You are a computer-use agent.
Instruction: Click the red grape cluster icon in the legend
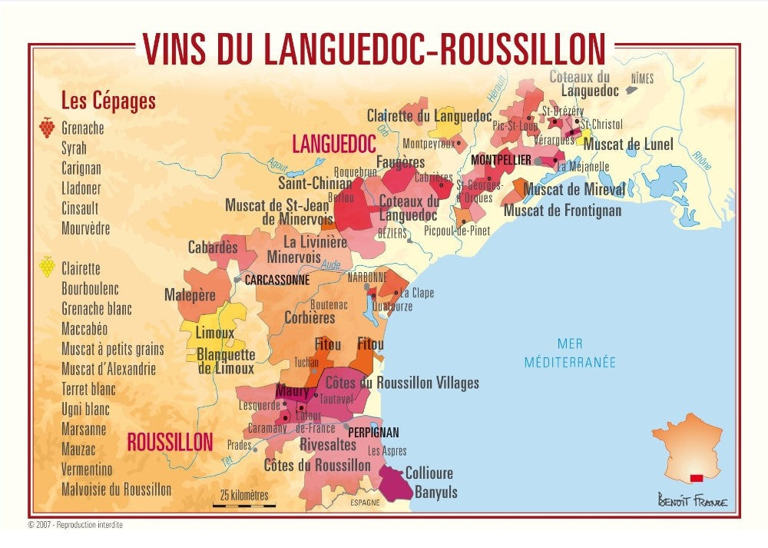point(48,128)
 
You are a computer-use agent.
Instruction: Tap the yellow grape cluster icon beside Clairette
point(48,267)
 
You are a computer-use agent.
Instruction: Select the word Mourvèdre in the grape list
point(86,228)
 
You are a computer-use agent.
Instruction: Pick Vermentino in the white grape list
point(87,469)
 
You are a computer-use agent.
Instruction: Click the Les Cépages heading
point(108,101)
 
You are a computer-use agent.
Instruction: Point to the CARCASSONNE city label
point(276,281)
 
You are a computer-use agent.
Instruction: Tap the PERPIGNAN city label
point(373,433)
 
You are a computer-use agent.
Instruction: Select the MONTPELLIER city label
point(501,160)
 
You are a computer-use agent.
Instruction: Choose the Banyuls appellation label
point(435,493)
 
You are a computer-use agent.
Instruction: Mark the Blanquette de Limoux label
point(226,361)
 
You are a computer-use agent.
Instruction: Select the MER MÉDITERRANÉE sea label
point(570,353)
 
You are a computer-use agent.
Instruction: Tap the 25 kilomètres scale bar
point(244,505)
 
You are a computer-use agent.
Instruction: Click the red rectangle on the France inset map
point(696,478)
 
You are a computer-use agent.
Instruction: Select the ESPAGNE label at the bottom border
point(365,503)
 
